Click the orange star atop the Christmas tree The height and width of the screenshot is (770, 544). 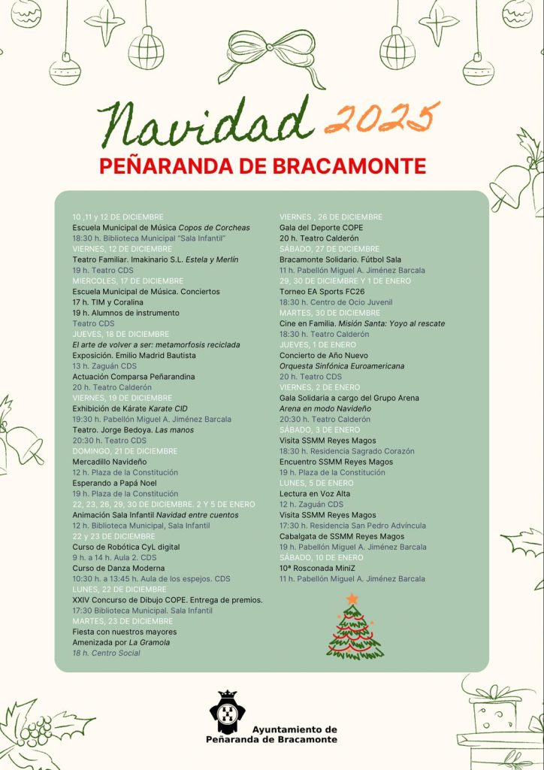tap(352, 599)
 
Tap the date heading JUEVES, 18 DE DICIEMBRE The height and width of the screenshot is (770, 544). tap(121, 334)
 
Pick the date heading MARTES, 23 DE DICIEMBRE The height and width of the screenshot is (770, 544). tap(122, 621)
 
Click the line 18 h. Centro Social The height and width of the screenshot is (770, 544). tap(106, 653)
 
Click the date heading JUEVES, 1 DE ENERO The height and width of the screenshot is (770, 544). tap(319, 344)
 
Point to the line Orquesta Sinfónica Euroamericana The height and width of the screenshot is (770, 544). tap(342, 366)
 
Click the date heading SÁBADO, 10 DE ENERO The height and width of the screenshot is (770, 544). tap(321, 558)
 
